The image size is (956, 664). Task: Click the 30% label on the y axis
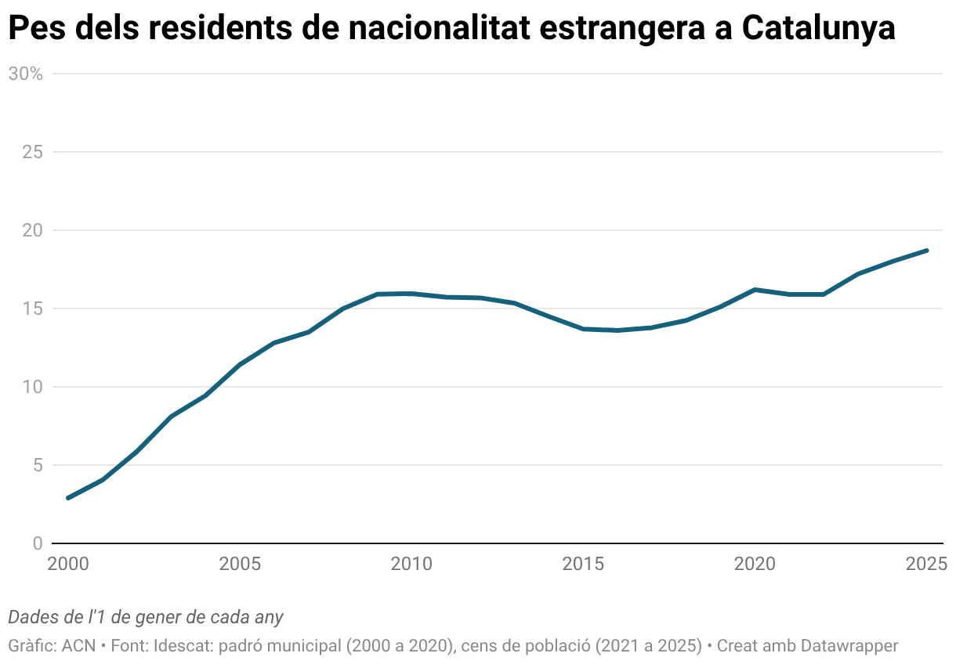[x=24, y=74]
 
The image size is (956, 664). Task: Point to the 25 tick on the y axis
[x=31, y=152]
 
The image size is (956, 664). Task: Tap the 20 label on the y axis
[x=31, y=230]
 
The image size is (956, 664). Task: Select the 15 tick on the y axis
[x=31, y=309]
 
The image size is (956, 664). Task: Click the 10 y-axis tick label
[x=31, y=387]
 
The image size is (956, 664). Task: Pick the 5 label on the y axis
[x=36, y=465]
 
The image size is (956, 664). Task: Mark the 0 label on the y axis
[x=36, y=543]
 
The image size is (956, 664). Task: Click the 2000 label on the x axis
[x=68, y=564]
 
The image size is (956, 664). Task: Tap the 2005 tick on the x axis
[x=240, y=564]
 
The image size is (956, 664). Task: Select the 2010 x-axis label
[x=411, y=564]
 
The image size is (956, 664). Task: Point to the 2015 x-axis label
[x=583, y=564]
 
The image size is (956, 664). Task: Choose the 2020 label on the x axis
[x=755, y=564]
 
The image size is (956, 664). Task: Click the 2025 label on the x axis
[x=926, y=564]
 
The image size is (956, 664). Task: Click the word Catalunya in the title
[x=818, y=30]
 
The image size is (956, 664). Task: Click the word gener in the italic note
[x=159, y=617]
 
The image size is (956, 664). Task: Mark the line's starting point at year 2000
[x=68, y=498]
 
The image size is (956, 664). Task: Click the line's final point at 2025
[x=927, y=251]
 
